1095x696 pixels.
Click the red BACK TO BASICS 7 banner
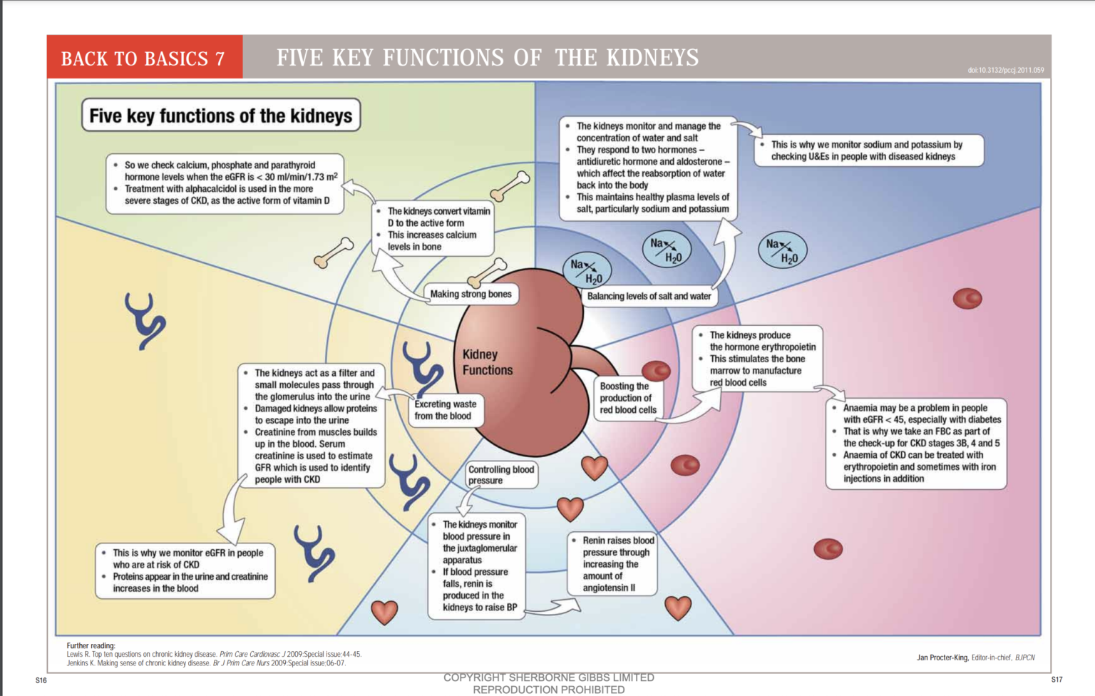pyautogui.click(x=144, y=58)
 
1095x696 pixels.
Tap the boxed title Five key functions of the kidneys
pyautogui.click(x=220, y=116)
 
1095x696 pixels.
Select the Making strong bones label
pyautogui.click(x=471, y=294)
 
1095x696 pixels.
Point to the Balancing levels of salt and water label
pyautogui.click(x=649, y=296)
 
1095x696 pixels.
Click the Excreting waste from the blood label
pyautogui.click(x=446, y=410)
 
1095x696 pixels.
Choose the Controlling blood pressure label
pyautogui.click(x=500, y=475)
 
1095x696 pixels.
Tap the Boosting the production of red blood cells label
pyautogui.click(x=627, y=398)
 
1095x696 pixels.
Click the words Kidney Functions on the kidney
pyautogui.click(x=487, y=362)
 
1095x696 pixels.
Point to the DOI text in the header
pyautogui.click(x=1005, y=70)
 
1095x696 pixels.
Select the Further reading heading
pyautogui.click(x=91, y=645)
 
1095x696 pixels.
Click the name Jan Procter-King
pyautogui.click(x=942, y=657)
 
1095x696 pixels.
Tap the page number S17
pyautogui.click(x=1057, y=680)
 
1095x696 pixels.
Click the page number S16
pyautogui.click(x=41, y=680)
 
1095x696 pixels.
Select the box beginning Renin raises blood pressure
pyautogui.click(x=612, y=564)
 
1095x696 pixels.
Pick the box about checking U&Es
pyautogui.click(x=869, y=150)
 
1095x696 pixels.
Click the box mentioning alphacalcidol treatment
pyautogui.click(x=225, y=183)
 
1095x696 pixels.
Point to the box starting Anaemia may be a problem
pyautogui.click(x=916, y=443)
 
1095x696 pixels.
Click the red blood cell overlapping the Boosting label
pyautogui.click(x=657, y=370)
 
